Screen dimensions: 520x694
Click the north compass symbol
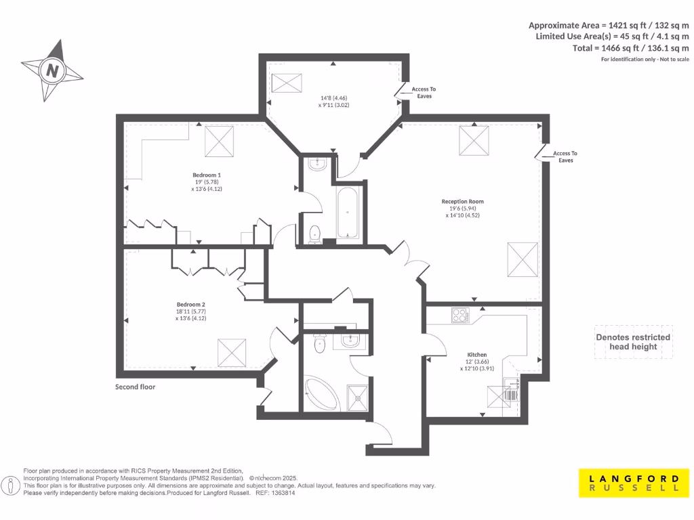(x=52, y=70)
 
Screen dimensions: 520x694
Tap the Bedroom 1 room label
(x=207, y=175)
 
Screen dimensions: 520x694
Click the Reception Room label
(x=462, y=201)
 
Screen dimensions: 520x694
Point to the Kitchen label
(x=477, y=354)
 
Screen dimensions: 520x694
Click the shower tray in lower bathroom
(x=354, y=397)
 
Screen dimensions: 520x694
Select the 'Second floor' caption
(x=135, y=387)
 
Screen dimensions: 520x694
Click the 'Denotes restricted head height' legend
(x=633, y=342)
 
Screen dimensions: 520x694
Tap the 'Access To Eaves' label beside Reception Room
(x=565, y=157)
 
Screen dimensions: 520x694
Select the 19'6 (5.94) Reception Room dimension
(x=462, y=209)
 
